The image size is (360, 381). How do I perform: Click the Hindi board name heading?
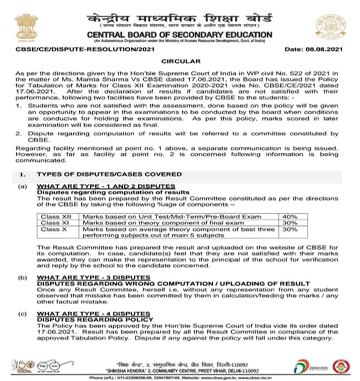180,19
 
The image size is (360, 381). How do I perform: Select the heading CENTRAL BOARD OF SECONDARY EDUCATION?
180,35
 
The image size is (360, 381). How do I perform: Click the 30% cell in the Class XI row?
291,223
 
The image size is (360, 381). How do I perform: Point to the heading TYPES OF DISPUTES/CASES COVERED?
109,174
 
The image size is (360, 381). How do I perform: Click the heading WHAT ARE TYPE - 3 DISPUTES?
94,278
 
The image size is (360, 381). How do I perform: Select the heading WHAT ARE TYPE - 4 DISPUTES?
94,314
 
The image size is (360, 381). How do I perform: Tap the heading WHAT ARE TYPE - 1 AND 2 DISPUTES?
106,186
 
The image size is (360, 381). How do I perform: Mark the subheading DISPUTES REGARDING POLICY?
95,320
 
